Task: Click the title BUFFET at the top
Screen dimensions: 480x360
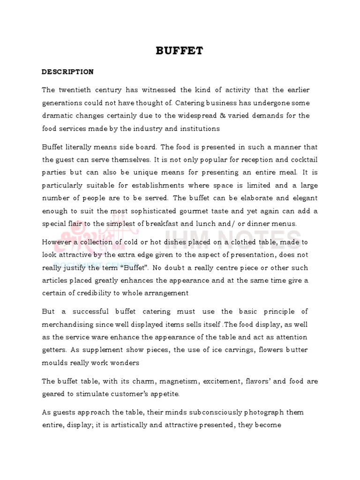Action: click(180, 51)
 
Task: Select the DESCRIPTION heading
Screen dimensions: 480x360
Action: click(67, 72)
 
